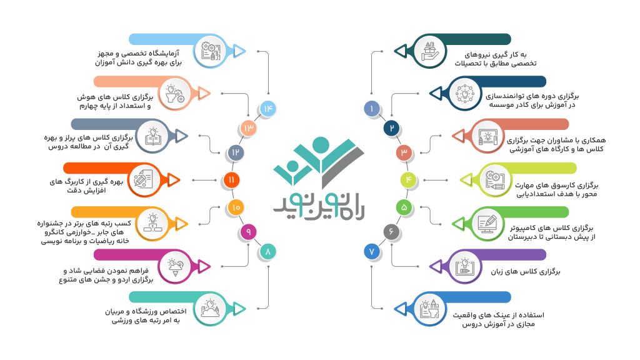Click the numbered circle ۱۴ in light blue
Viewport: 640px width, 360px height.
point(267,109)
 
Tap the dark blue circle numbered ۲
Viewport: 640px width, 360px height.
point(391,129)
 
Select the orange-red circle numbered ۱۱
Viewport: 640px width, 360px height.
point(231,180)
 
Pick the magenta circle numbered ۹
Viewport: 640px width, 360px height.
point(248,232)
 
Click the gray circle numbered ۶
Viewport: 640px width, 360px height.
point(391,232)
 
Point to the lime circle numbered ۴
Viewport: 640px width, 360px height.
point(408,180)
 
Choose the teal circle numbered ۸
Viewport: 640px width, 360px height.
point(267,251)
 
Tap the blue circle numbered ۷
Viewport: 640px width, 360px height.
point(372,251)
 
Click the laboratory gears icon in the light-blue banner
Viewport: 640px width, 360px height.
point(211,51)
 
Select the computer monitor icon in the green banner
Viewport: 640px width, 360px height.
point(487,223)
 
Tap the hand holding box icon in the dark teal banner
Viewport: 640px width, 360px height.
point(430,51)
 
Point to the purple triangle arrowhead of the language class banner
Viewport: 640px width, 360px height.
point(436,267)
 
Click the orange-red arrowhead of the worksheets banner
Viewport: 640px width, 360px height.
point(174,180)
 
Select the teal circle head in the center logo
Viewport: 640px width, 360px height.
point(321,145)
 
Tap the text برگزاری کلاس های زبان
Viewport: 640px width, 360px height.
point(525,271)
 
